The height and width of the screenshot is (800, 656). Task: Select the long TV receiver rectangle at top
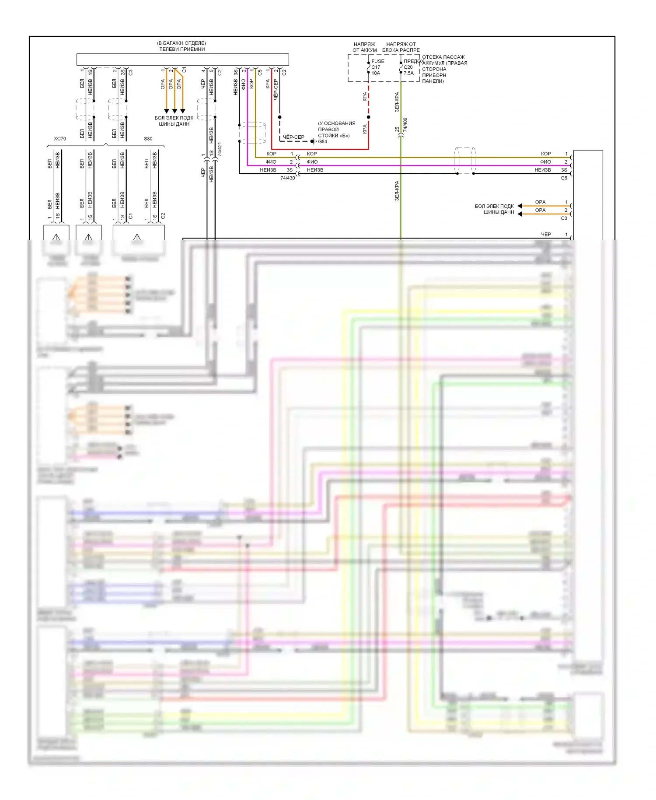(x=182, y=60)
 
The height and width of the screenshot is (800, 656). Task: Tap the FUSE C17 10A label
(x=377, y=67)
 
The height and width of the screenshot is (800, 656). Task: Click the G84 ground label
(x=323, y=142)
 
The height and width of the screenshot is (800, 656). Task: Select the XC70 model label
(x=60, y=139)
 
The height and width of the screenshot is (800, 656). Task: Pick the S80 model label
(x=148, y=139)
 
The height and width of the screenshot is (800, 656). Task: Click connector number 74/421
(x=220, y=149)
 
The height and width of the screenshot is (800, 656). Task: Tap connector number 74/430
(x=287, y=178)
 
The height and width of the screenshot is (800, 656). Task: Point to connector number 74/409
(x=405, y=125)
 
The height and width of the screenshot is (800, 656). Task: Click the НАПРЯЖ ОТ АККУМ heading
(x=364, y=47)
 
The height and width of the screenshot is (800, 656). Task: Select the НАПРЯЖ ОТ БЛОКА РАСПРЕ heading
(x=401, y=47)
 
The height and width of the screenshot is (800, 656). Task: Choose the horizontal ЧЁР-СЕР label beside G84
(x=293, y=137)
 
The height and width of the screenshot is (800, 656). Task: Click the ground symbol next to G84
(x=313, y=141)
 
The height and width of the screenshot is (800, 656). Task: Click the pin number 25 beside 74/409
(x=397, y=130)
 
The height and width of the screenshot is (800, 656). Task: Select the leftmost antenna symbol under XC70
(x=56, y=237)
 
